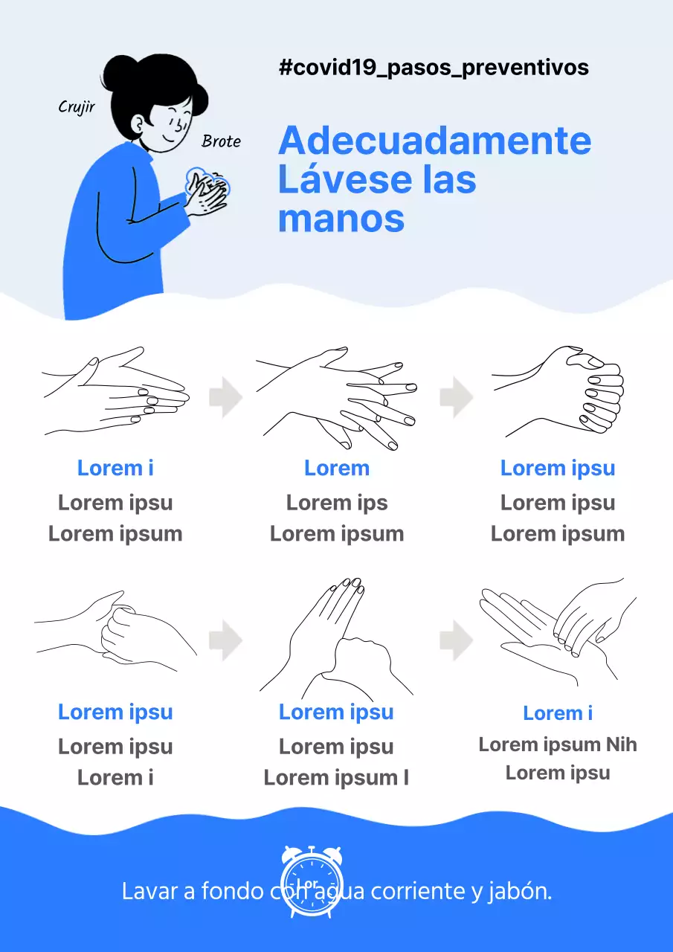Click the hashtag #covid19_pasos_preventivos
click(434, 68)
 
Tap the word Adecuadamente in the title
click(434, 141)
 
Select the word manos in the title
click(341, 219)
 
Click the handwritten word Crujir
click(77, 107)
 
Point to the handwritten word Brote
click(221, 141)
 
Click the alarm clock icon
click(312, 881)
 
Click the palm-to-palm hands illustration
click(115, 391)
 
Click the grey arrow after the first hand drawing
click(225, 397)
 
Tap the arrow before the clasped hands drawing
click(456, 397)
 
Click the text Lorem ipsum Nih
click(557, 744)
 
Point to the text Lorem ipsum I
click(336, 778)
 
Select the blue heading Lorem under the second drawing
click(336, 468)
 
